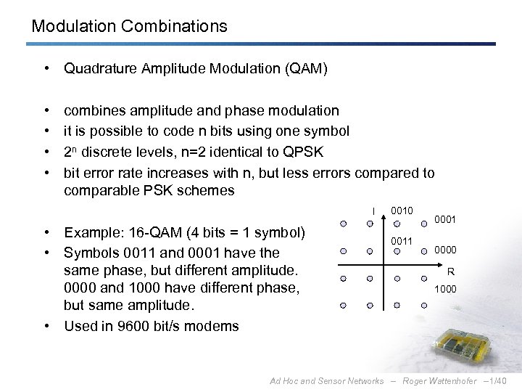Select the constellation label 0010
click(401, 210)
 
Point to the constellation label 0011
click(401, 241)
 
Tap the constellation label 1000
click(445, 289)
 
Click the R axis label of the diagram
click(450, 273)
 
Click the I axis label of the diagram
click(374, 212)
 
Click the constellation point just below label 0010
click(397, 224)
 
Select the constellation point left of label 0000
click(423, 251)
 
